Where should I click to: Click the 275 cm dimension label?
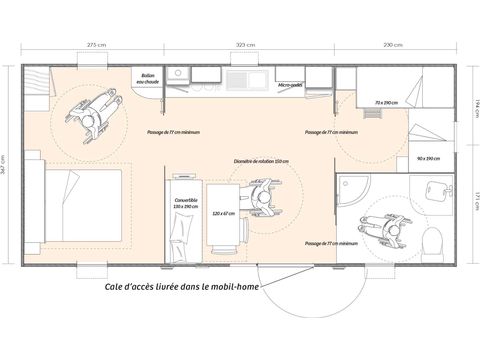coord(97,45)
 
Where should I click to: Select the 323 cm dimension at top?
coord(245,45)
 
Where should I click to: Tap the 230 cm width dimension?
coord(393,45)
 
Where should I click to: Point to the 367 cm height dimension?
coord(8,165)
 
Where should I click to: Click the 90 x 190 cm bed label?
coord(424,158)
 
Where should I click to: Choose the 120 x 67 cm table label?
coord(223,213)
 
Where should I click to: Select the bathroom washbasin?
coord(435,189)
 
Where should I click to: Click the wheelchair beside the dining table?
coord(262,194)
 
